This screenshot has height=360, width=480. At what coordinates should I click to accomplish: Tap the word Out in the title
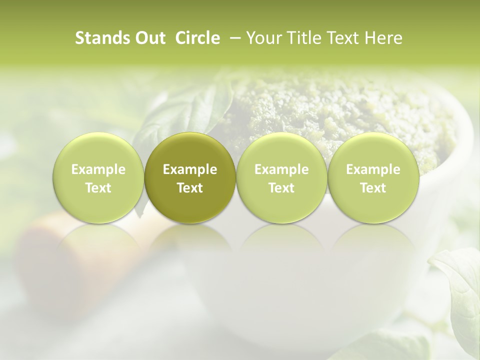[149, 38]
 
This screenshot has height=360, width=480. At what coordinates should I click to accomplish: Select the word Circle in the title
[197, 38]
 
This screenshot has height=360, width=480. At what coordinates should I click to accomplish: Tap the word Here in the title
[383, 38]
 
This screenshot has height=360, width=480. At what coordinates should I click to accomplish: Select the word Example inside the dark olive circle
[190, 169]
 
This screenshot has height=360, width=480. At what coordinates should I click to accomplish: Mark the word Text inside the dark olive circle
[190, 188]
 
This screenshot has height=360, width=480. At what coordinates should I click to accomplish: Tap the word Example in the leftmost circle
[98, 169]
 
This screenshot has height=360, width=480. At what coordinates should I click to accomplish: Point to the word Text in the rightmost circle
[373, 188]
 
